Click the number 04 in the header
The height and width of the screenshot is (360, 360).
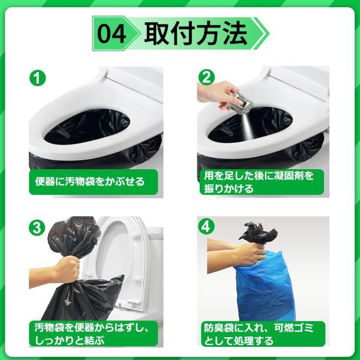tap(112, 34)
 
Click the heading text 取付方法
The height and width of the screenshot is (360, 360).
tap(196, 33)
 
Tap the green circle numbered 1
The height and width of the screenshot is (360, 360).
tap(38, 78)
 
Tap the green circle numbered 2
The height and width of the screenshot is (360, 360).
tap(206, 77)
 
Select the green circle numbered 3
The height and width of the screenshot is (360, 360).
tap(37, 227)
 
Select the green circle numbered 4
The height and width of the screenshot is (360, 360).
tap(206, 227)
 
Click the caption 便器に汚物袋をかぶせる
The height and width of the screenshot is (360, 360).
tap(90, 182)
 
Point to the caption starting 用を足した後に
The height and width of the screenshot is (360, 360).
tap(259, 182)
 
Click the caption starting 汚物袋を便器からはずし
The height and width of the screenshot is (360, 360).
tap(92, 334)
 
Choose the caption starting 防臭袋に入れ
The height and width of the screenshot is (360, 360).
tap(259, 334)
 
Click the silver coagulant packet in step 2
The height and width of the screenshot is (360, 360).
tap(242, 101)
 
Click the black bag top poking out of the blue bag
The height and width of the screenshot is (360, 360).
tap(258, 233)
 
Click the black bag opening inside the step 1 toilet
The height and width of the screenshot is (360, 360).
tap(87, 127)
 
